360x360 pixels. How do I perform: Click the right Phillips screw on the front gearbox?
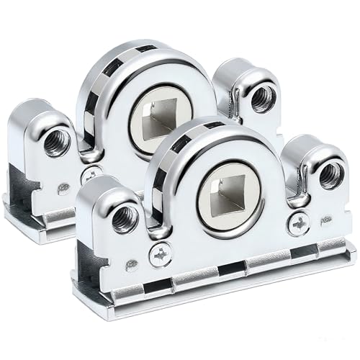[298, 224]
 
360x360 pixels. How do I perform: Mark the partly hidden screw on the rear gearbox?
[92, 175]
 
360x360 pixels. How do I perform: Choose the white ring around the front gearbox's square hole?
[204, 208]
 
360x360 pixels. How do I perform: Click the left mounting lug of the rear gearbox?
[40, 137]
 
